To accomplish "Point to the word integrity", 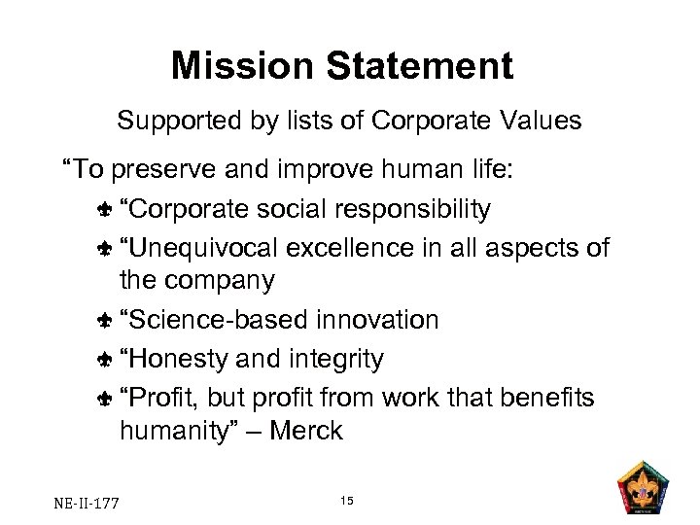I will (x=334, y=359).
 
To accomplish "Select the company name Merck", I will (x=305, y=431).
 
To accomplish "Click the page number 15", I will (x=348, y=500).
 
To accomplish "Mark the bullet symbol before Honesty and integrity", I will (x=104, y=360).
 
